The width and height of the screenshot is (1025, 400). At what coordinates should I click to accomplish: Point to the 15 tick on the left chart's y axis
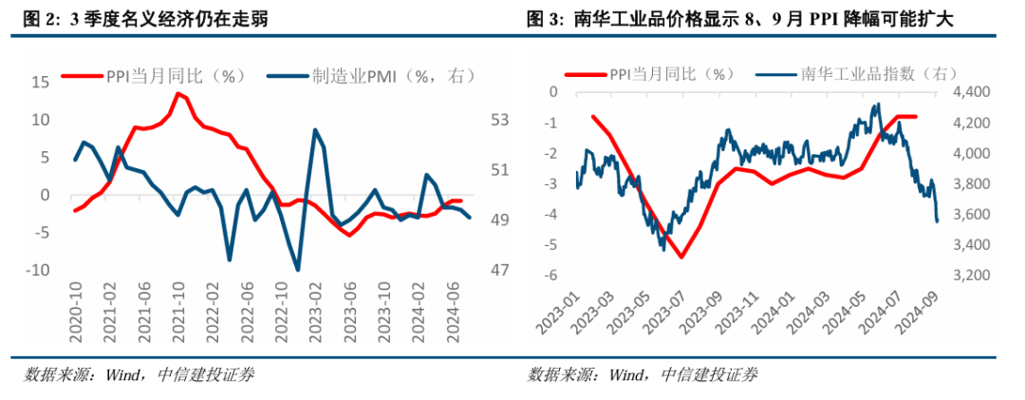click(41, 83)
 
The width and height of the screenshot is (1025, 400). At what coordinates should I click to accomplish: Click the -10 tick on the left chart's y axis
click(37, 271)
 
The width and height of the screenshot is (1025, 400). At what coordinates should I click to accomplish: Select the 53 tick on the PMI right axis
click(501, 121)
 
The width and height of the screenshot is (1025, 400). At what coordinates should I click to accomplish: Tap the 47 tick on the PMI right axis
click(501, 271)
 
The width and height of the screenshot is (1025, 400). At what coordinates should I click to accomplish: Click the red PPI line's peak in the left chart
click(177, 92)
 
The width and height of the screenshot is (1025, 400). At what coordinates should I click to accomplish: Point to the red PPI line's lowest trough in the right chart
click(681, 257)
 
